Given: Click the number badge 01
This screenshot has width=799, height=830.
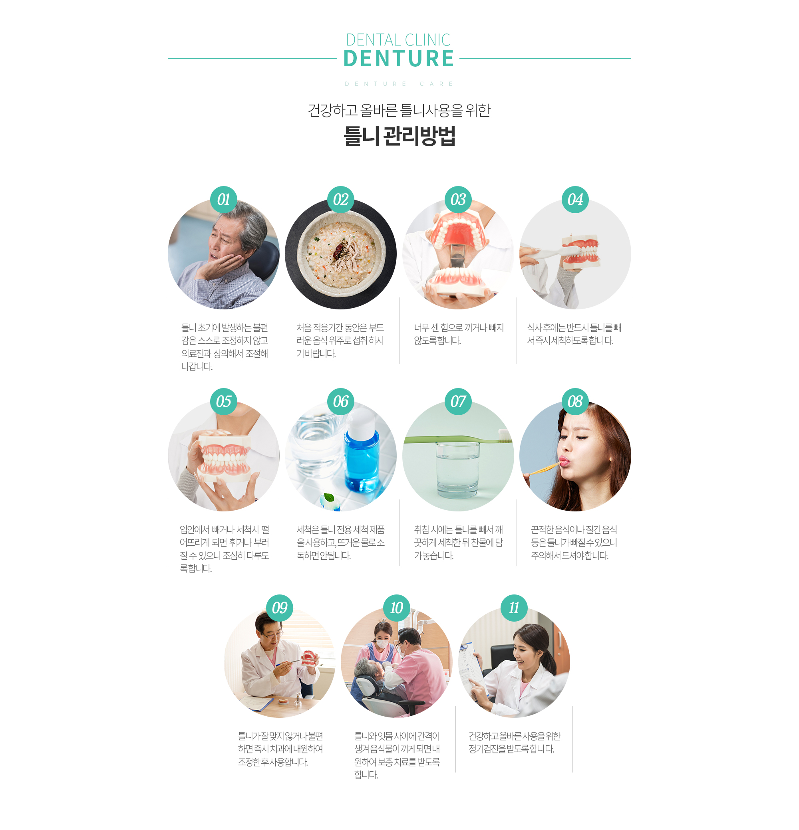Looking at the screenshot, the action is tap(224, 200).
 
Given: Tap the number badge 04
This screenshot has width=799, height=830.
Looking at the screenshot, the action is tap(575, 200).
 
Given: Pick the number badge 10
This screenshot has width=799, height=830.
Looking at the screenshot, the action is tap(397, 608).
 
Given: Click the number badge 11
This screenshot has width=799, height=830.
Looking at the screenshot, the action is tap(514, 608).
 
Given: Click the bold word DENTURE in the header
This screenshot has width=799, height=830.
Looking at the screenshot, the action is tap(399, 58).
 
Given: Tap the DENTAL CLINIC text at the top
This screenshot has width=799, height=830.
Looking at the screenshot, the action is tap(398, 40).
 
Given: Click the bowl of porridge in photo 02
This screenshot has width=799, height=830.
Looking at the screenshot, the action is tap(341, 254).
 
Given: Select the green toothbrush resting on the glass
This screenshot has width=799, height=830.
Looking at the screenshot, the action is tap(458, 438).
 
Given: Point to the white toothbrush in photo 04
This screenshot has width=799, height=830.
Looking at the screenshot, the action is tap(551, 253).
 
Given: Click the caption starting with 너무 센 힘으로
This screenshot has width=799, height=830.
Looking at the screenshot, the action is tap(458, 334).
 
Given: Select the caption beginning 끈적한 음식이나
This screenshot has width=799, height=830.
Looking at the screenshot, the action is tap(574, 543).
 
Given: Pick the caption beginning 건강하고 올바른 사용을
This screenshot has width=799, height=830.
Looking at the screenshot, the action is tap(514, 742).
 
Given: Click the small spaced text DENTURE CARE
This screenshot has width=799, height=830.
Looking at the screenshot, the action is tap(399, 84).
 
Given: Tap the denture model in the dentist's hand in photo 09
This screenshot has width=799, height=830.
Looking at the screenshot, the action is tap(309, 658).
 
